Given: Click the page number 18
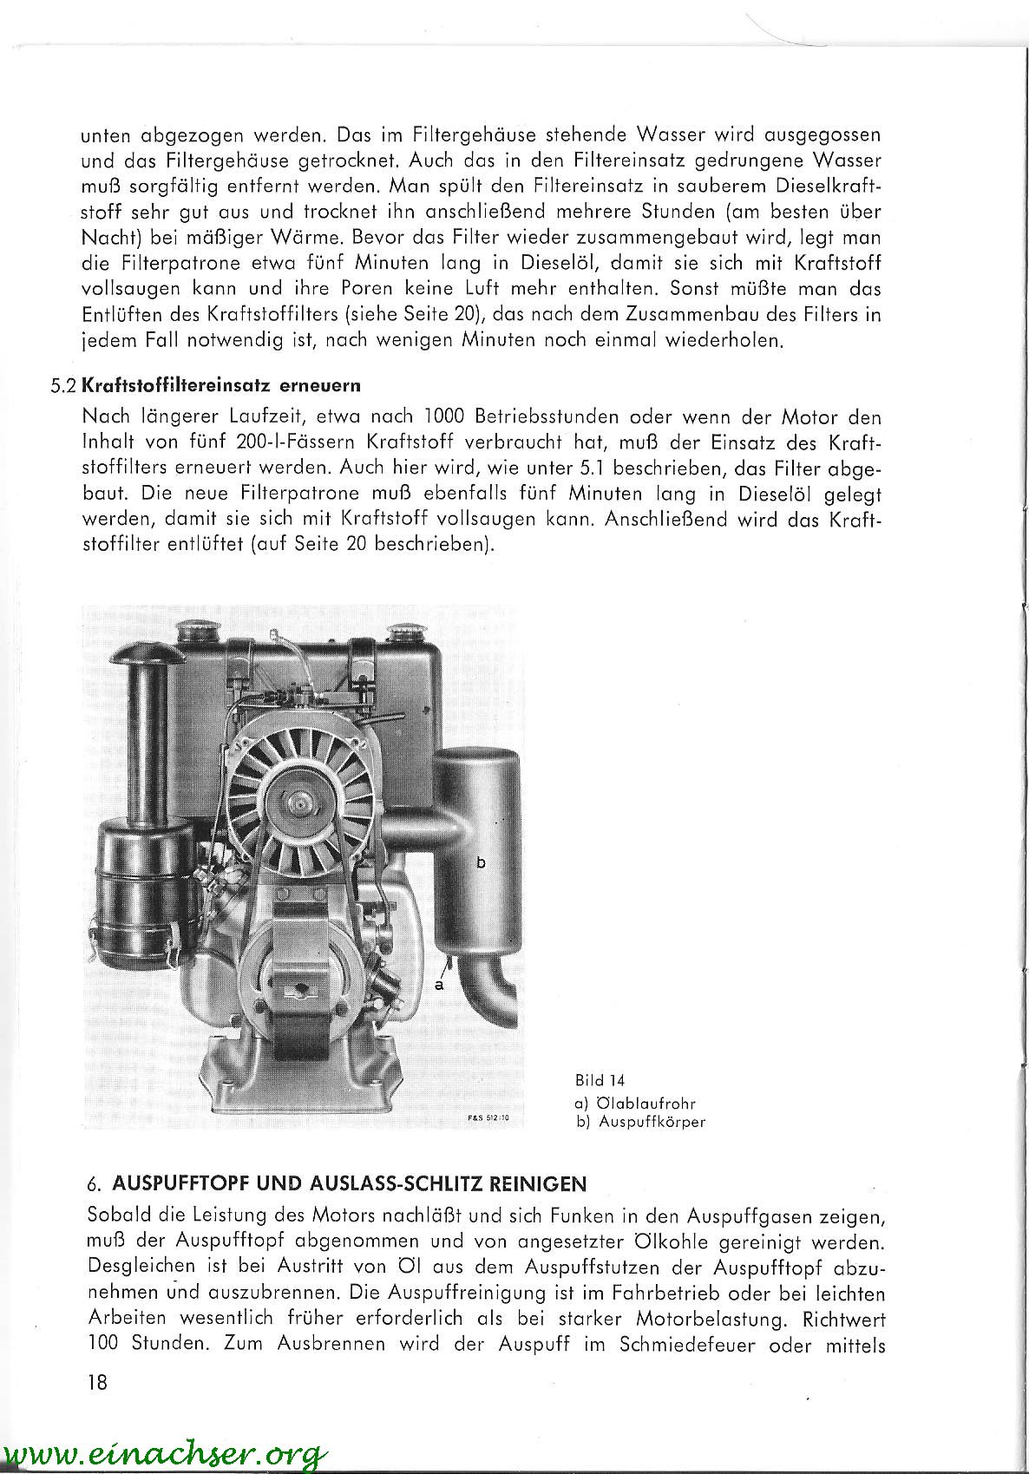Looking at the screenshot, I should click(x=97, y=1381).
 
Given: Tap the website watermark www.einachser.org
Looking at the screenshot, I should click(x=165, y=1453).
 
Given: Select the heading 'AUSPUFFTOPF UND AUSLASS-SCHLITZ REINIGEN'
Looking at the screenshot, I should click(x=349, y=1183).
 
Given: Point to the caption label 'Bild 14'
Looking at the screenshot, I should click(x=600, y=1080).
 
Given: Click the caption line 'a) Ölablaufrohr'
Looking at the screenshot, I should click(x=635, y=1104).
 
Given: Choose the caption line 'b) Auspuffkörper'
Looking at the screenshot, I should click(x=640, y=1121).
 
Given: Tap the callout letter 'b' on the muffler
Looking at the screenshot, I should click(x=481, y=862).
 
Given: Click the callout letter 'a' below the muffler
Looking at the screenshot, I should click(x=439, y=986).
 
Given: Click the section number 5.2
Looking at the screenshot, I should click(x=64, y=384).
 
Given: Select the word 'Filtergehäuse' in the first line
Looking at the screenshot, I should click(x=469, y=135).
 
